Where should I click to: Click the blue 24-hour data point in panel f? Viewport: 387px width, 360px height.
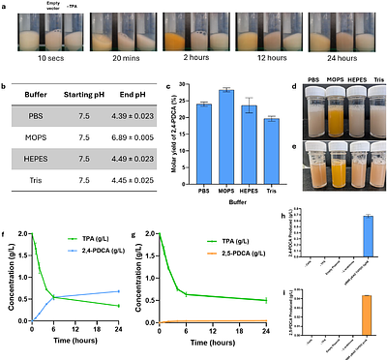pos(120,291)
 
